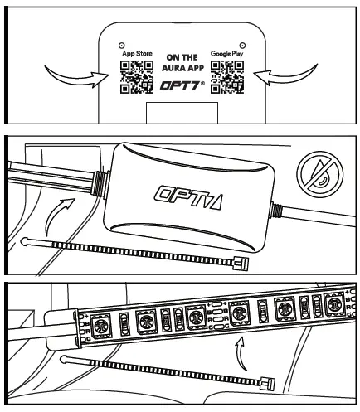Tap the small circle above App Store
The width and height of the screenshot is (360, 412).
(122, 43)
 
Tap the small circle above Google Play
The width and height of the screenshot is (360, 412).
(241, 43)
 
